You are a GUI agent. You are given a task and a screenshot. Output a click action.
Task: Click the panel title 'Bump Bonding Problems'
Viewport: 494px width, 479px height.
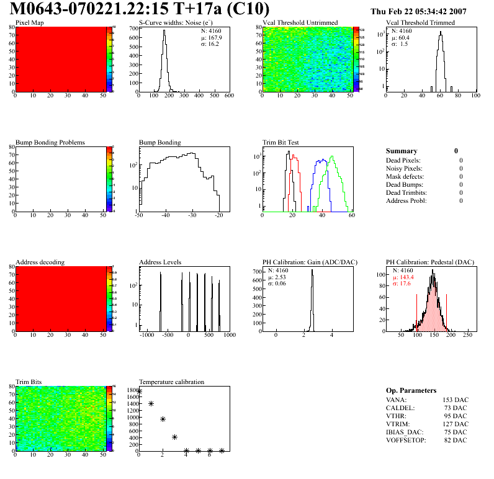click(x=50, y=142)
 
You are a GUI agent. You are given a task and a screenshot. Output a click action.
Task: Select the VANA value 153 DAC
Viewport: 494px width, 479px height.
click(x=455, y=400)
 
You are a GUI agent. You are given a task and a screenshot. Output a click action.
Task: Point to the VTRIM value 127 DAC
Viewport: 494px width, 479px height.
click(x=455, y=424)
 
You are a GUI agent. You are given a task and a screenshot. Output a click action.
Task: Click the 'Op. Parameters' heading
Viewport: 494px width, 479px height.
click(x=411, y=390)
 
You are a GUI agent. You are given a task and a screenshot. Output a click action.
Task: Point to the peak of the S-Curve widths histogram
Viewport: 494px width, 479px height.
click(x=164, y=31)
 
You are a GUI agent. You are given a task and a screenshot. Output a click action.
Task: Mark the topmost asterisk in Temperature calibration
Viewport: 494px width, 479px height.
click(x=139, y=391)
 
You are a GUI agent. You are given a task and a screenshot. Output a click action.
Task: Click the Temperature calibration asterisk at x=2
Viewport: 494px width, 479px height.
click(x=163, y=419)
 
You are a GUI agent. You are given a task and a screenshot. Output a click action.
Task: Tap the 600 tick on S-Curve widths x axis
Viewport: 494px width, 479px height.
click(x=228, y=96)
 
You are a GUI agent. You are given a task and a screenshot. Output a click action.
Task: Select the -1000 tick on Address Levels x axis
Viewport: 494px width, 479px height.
click(x=147, y=335)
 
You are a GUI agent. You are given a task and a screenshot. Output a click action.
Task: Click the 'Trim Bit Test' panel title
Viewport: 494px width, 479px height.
click(x=281, y=142)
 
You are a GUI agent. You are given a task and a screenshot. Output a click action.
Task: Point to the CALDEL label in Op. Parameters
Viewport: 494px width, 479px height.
click(x=398, y=408)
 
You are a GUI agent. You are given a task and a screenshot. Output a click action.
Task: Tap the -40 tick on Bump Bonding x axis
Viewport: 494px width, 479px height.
click(x=165, y=215)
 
